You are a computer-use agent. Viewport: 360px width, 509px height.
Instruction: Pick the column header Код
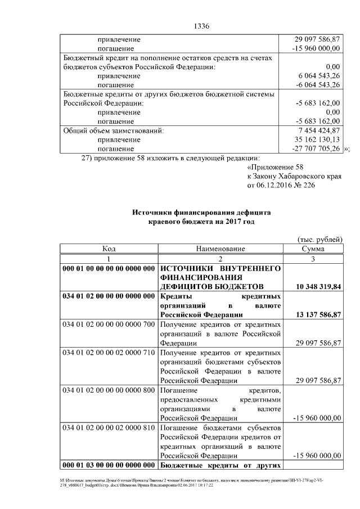pos(109,249)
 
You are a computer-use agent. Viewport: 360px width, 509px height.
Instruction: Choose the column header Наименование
pos(220,249)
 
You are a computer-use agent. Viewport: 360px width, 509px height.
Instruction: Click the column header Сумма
pos(313,249)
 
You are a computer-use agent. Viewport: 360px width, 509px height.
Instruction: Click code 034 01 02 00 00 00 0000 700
pos(109,325)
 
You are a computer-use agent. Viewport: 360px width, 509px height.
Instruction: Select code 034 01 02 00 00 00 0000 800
pos(109,390)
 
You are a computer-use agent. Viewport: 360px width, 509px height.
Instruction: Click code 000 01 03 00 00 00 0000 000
pos(109,465)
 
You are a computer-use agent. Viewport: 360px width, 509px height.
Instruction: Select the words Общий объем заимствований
pos(114,130)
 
